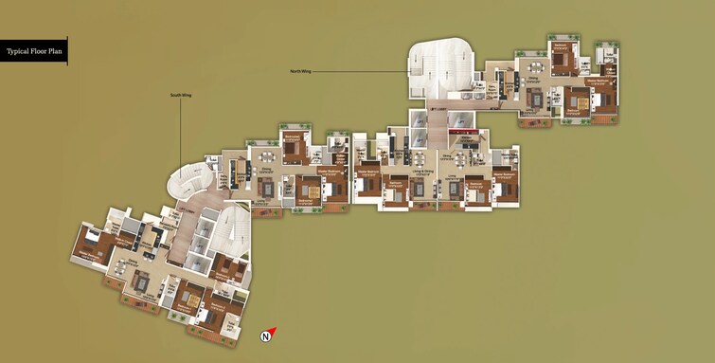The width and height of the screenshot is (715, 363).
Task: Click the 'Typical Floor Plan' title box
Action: point(34,51)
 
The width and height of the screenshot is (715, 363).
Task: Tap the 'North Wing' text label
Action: point(301,71)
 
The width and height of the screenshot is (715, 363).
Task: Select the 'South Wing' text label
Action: point(181,96)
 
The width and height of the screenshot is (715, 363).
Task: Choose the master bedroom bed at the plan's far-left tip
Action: point(92,248)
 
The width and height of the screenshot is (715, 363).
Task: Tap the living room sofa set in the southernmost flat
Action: point(140,281)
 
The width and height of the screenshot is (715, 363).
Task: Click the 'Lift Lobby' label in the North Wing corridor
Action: point(438,109)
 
